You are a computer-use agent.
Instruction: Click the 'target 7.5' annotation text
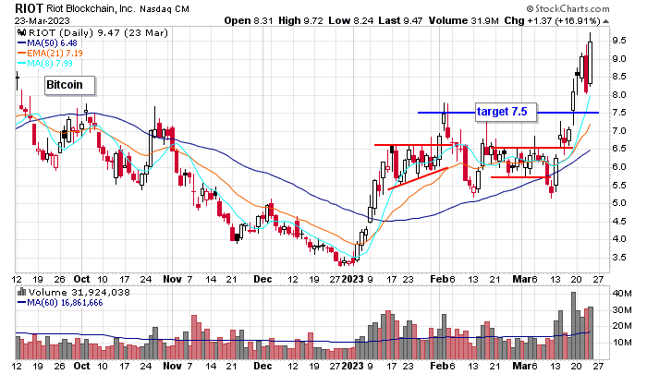[501, 112]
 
